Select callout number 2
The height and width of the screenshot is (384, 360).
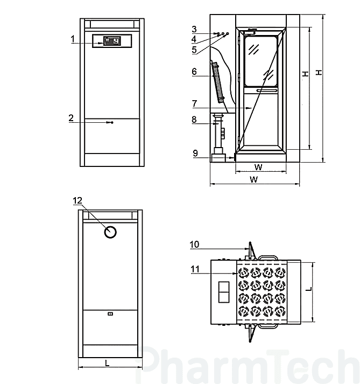click(x=72, y=118)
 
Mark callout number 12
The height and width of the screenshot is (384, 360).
click(x=78, y=200)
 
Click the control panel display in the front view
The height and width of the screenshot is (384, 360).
click(x=111, y=41)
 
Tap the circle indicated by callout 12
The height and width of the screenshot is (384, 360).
click(x=111, y=232)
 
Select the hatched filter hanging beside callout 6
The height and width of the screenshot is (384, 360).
click(x=217, y=82)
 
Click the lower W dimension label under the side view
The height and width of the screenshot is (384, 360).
click(x=253, y=179)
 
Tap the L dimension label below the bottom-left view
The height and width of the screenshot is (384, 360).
click(x=107, y=364)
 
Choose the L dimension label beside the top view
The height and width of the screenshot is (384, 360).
click(x=309, y=289)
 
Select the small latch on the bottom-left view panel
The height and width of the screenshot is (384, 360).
click(x=110, y=313)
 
